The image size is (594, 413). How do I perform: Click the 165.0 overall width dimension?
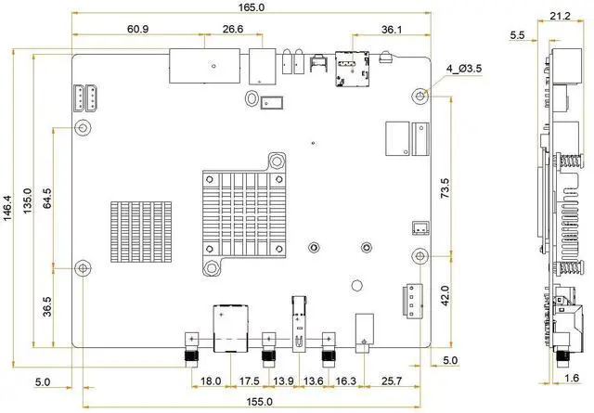(x=252, y=7)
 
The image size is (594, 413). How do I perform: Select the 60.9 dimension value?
(x=138, y=29)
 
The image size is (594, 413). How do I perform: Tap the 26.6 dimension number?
(x=233, y=29)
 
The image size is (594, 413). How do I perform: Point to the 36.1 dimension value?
(x=392, y=29)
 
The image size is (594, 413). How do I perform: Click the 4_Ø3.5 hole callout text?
(x=464, y=69)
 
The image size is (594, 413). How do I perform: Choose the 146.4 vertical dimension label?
(x=8, y=209)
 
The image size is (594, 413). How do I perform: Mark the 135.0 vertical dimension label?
(x=28, y=200)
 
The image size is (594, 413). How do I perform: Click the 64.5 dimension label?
(x=47, y=198)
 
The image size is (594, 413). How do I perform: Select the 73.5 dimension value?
(x=445, y=188)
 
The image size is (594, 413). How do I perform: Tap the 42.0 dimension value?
(x=445, y=296)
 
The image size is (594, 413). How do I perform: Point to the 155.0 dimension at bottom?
(x=259, y=402)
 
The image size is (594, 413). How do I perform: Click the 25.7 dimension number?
(x=392, y=381)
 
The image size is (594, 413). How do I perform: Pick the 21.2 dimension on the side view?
(x=560, y=16)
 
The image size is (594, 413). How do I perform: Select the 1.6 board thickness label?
(x=572, y=378)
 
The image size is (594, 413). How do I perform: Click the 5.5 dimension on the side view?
(x=517, y=35)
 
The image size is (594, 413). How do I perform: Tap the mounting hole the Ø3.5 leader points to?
(x=420, y=96)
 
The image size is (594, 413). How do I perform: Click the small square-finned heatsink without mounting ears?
(x=141, y=232)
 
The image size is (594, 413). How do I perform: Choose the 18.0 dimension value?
(x=211, y=381)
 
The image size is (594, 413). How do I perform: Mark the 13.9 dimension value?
(x=283, y=381)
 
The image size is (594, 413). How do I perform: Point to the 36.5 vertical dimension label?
(x=47, y=306)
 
